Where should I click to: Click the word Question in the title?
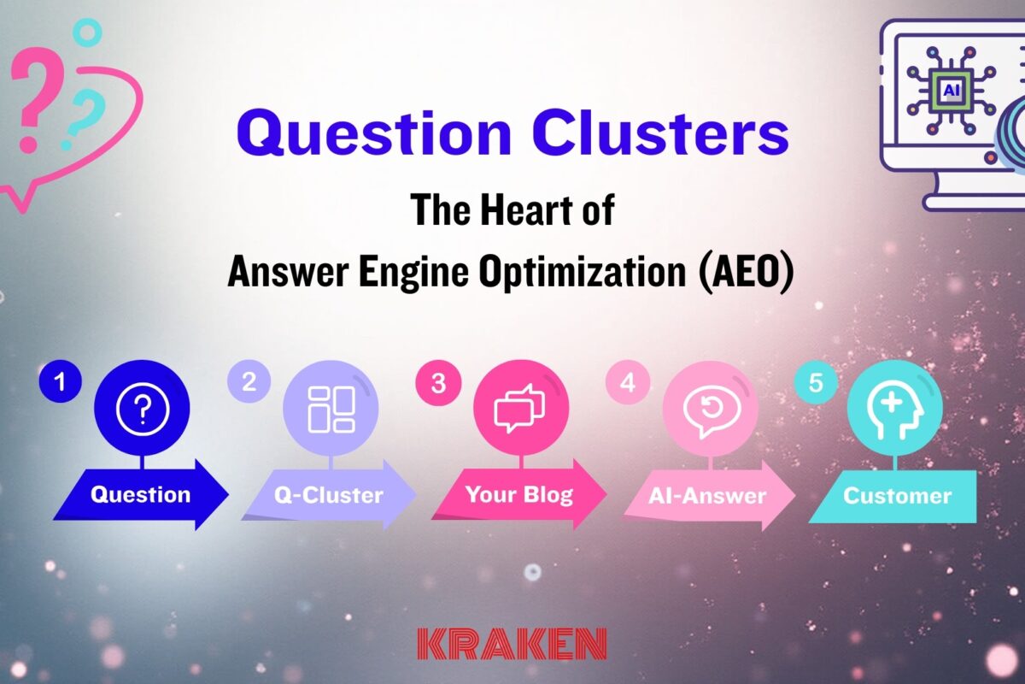tap(374, 135)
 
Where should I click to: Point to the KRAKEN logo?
tap(512, 643)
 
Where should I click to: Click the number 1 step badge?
tap(59, 383)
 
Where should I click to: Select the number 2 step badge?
tap(249, 382)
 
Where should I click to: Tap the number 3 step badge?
tap(438, 383)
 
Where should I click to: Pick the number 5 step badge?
tap(816, 383)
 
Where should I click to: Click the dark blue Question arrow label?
tap(140, 494)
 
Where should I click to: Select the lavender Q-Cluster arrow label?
tap(329, 495)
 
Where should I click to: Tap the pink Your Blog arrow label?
tap(518, 494)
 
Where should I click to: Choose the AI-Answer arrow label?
tap(707, 495)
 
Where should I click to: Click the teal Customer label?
tap(896, 495)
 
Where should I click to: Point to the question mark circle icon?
tap(142, 411)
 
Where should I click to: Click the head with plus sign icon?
tap(894, 411)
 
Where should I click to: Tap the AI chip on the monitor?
tap(950, 89)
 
